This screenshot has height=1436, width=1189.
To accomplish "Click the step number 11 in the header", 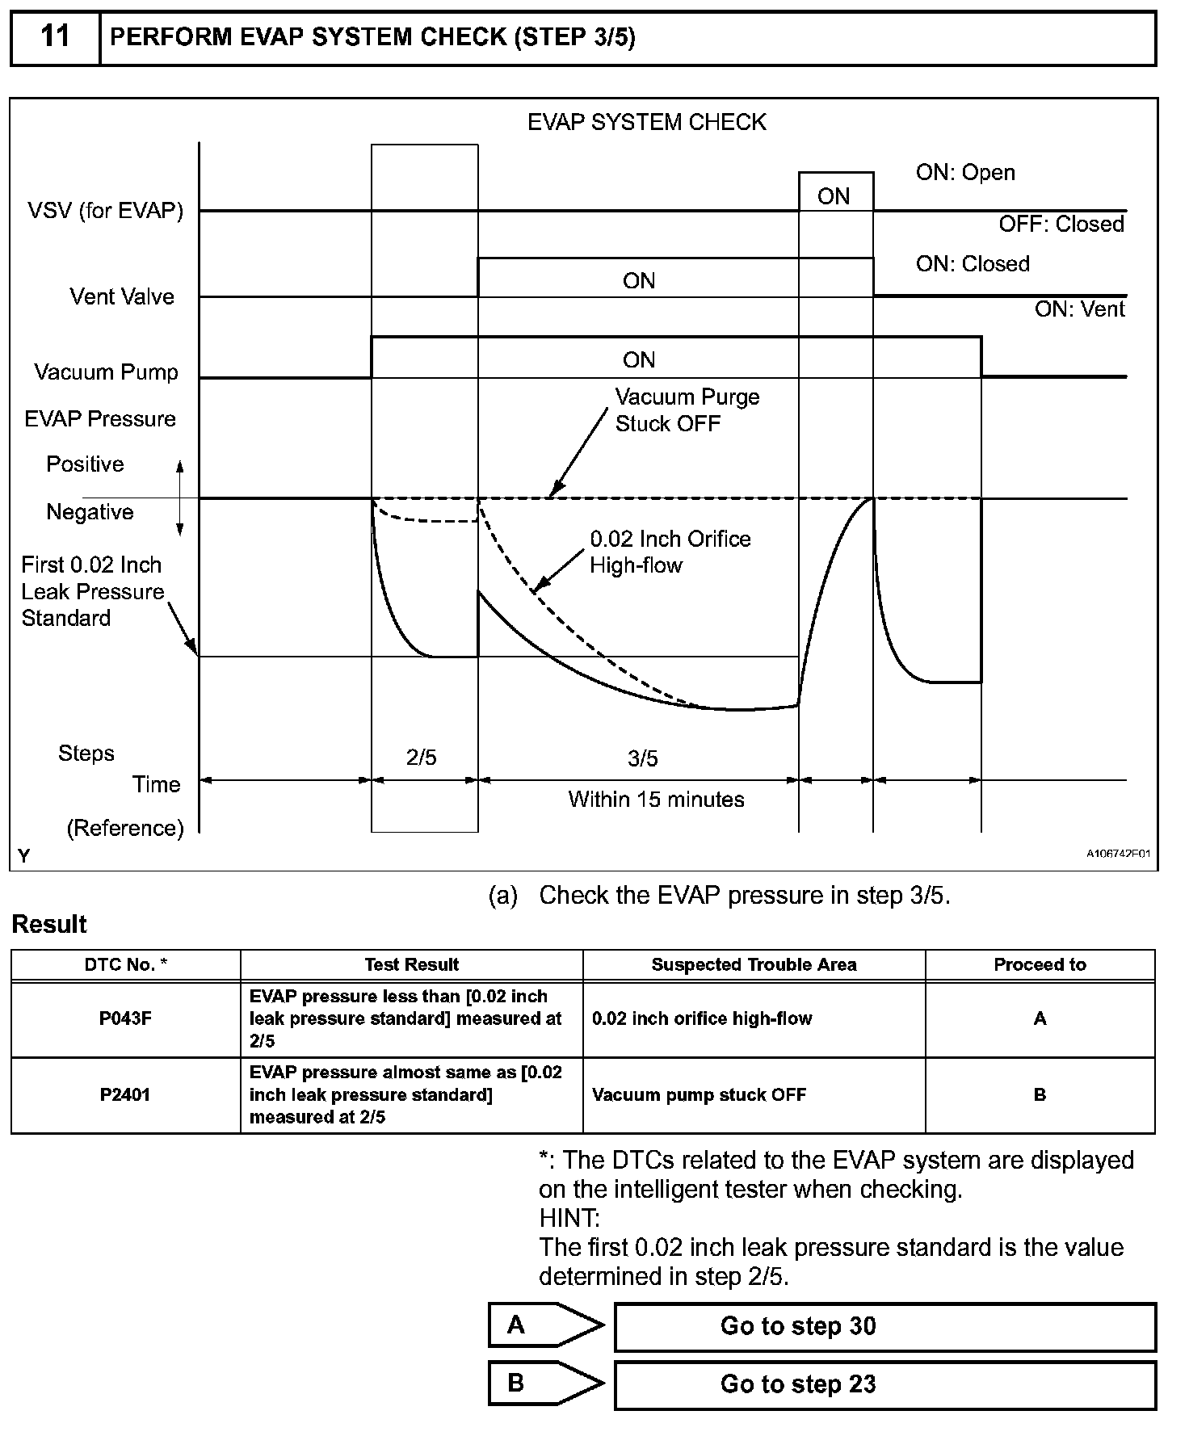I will tap(55, 37).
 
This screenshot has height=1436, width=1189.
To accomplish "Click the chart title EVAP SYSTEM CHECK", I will tap(646, 122).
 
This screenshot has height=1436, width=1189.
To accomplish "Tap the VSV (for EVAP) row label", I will tap(106, 211).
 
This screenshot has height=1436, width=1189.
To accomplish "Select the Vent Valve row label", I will tap(122, 296).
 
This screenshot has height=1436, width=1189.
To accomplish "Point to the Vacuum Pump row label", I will tap(106, 372).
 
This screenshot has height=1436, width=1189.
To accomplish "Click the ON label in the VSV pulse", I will tap(834, 196).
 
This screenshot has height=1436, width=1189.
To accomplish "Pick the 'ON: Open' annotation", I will tap(965, 173).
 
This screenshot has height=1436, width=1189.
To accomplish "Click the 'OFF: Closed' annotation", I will tap(1061, 224).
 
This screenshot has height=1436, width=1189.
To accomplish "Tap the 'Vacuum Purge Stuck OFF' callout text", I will tap(687, 410).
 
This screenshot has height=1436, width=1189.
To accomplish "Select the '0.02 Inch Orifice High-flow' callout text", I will tap(670, 552).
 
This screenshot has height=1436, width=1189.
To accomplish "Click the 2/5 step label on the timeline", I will tap(421, 758).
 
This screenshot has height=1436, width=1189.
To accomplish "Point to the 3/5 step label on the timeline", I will tap(642, 758).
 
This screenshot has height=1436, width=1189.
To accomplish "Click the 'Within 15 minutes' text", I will tap(656, 800).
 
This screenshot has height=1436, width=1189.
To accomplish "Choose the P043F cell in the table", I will tap(125, 1018).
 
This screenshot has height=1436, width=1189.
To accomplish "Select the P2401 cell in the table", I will tap(125, 1094).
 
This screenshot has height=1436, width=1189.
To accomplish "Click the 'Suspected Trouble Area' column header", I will tap(754, 964).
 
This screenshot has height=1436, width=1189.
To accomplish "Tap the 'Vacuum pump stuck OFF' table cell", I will tap(699, 1094).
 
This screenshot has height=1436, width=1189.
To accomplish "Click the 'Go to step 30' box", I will tap(884, 1326).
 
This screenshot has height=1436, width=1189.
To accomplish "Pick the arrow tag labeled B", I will tap(544, 1384).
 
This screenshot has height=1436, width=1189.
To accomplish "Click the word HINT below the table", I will tap(569, 1218).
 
